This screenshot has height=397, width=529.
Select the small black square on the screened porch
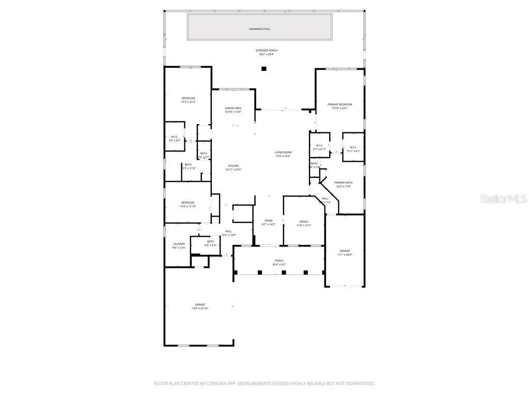click(263, 69)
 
